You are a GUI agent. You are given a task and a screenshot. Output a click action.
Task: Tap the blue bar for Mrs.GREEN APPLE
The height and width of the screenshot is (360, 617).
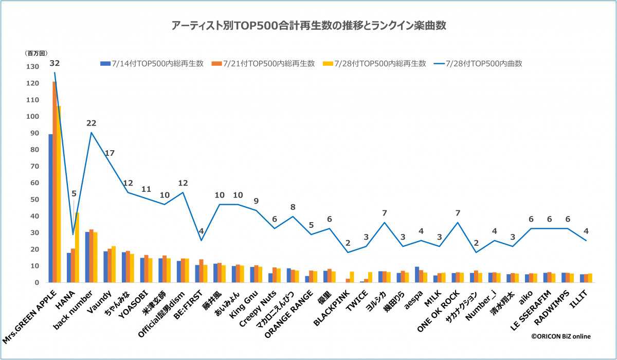click(50, 208)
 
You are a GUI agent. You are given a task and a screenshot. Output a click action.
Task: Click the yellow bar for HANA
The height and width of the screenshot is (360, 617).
click(77, 247)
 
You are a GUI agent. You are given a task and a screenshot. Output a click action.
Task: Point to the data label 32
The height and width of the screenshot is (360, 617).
click(55, 63)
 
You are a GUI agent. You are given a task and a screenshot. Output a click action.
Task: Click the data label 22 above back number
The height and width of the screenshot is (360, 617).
click(92, 123)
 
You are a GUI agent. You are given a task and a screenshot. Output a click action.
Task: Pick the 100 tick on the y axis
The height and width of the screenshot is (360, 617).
click(32, 117)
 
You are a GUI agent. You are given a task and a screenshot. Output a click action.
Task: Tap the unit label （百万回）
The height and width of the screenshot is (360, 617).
click(36, 53)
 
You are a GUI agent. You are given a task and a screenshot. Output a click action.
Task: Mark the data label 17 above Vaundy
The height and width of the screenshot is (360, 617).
click(110, 153)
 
